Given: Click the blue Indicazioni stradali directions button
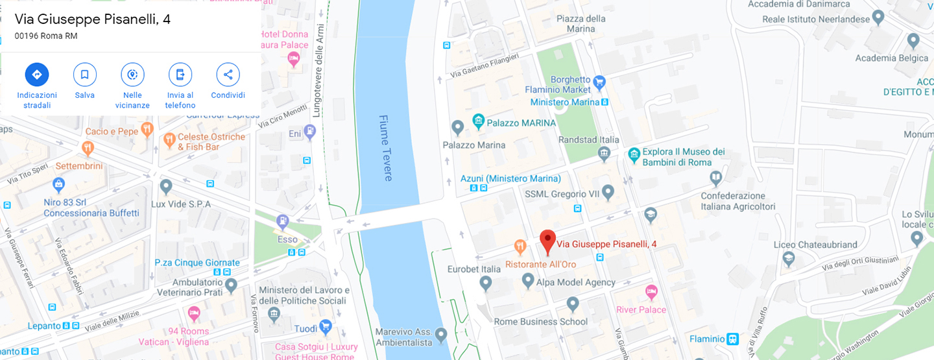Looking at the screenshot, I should [37, 75].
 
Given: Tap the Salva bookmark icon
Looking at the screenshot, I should [84, 75].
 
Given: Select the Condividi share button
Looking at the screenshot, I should [228, 75].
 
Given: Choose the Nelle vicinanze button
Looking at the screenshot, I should [132, 75].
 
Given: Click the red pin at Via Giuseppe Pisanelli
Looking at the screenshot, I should [547, 241].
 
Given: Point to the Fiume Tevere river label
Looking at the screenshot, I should [385, 148].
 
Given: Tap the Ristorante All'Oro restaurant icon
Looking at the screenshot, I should [520, 246].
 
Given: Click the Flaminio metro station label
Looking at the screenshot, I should [706, 339].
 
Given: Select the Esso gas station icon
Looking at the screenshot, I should [282, 221].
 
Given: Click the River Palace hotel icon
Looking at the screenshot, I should [651, 291].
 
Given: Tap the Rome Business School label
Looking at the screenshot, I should [541, 322].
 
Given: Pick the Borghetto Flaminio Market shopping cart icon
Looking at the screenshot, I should [599, 82].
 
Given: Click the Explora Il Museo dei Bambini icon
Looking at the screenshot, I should [634, 154].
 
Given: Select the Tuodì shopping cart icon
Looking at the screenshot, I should [326, 326].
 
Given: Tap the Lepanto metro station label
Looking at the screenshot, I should [44, 326].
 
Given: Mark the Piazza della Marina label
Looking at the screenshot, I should [581, 23].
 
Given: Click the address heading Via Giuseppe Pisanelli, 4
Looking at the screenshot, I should [93, 19].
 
